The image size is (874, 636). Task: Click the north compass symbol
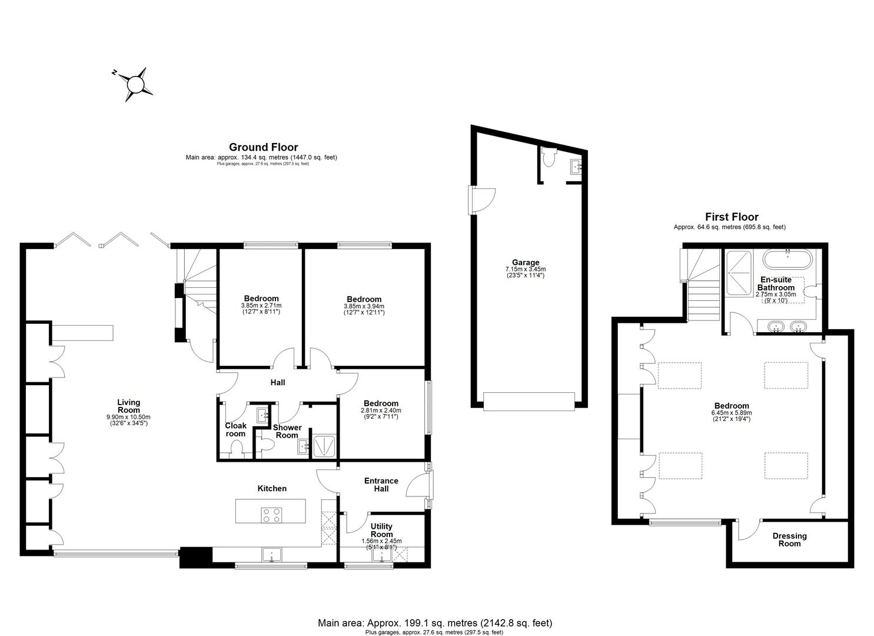[135, 84]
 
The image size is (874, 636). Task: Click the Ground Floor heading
[263, 147]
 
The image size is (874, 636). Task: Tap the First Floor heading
[732, 217]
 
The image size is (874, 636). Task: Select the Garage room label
[525, 263]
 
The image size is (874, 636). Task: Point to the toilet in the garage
[550, 158]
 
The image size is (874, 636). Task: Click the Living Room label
[128, 406]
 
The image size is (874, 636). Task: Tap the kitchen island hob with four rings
[271, 515]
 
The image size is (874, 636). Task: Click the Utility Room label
[381, 530]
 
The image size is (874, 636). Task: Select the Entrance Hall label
[381, 484]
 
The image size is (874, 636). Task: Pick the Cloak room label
[235, 429]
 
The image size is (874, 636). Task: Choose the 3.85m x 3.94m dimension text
[364, 306]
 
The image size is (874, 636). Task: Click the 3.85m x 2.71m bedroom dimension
[261, 306]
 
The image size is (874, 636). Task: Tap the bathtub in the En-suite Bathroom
[787, 259]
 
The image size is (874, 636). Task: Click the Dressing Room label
[789, 539]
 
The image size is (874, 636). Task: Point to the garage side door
[481, 200]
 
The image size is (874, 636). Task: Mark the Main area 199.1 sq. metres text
[435, 622]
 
